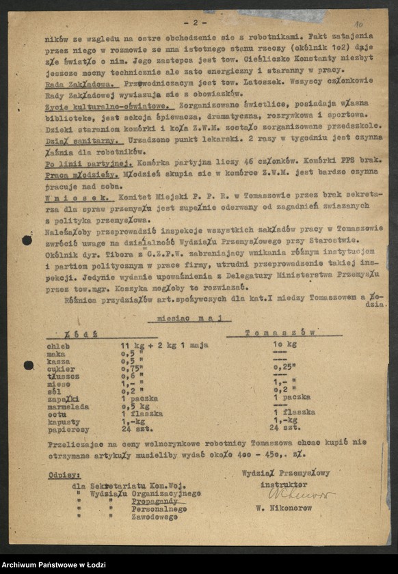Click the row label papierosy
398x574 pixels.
tap(68, 429)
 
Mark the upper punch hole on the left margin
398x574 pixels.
tap(27, 240)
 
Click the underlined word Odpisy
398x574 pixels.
tap(65, 474)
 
